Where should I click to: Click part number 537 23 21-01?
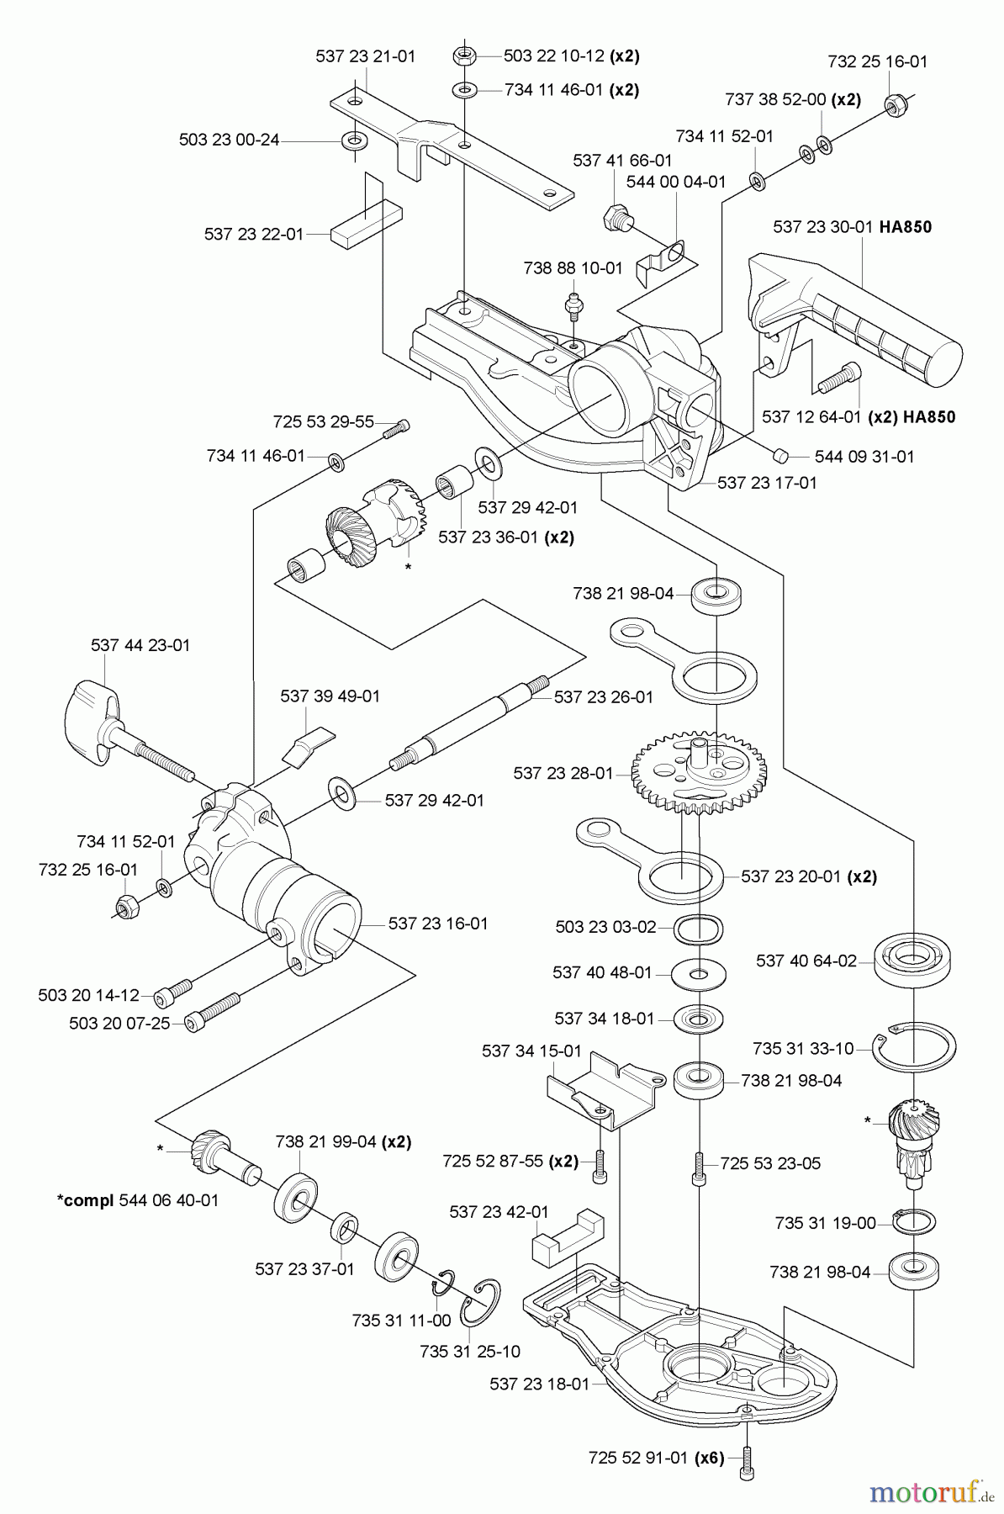coord(365,56)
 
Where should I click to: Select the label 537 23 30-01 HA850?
coord(852,227)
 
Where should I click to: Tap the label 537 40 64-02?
coord(806,960)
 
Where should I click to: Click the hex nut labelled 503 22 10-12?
coord(463,56)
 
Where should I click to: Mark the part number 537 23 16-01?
coord(437,924)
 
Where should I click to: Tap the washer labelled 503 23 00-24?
coord(353,139)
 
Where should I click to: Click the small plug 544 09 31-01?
coord(779,455)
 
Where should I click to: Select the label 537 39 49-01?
coord(330,696)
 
